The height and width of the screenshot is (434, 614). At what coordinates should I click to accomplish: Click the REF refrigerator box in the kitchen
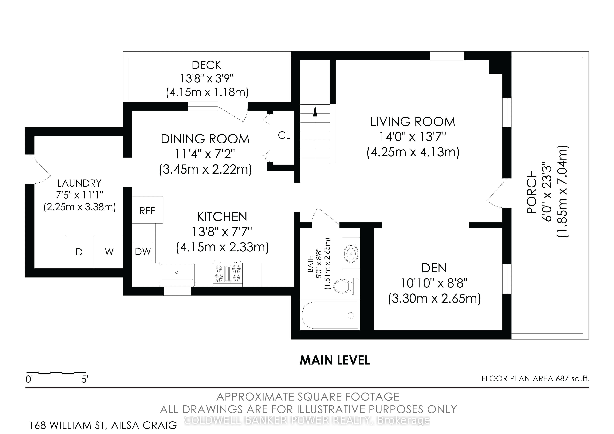point(147,210)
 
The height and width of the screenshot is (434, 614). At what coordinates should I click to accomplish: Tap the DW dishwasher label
point(143,251)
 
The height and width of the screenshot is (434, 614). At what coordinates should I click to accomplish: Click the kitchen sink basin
point(177,272)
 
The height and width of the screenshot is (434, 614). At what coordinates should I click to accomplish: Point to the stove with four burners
point(228,273)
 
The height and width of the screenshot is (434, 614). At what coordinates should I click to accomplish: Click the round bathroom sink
point(351,253)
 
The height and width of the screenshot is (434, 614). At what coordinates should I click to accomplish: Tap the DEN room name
point(434,268)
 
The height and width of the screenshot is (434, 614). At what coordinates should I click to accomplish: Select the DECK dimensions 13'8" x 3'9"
point(207,79)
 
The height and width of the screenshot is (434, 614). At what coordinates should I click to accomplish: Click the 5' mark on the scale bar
point(85,379)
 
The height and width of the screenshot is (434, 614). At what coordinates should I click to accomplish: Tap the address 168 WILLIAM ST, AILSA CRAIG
point(103,425)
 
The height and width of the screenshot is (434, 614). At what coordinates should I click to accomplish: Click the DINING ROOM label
point(205,139)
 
